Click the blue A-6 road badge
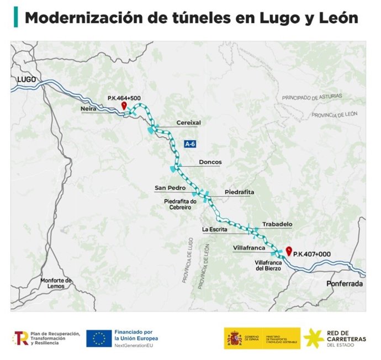190,144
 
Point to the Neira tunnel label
88,109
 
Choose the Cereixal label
188,122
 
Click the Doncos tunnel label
210,162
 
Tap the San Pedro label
166,188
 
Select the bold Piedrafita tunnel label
240,192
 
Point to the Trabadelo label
277,224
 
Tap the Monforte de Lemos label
56,283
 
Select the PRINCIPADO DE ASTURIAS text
312,97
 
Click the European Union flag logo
99,338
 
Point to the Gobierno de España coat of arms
233,338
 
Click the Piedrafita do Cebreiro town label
181,205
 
